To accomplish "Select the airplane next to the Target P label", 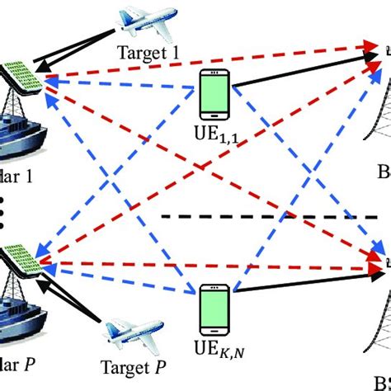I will click(x=125, y=335).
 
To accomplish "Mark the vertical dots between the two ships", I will click(x=5, y=210).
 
